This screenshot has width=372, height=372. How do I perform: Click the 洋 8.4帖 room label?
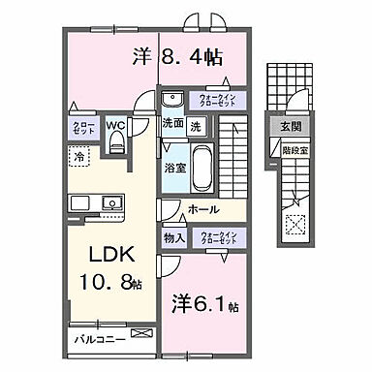coord(179,57)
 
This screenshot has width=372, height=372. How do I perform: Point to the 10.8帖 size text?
coord(113,288)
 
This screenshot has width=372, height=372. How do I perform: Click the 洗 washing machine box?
coord(195,124)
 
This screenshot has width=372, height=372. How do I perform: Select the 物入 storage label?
coord(173,237)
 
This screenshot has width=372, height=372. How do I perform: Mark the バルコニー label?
coord(95,340)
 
